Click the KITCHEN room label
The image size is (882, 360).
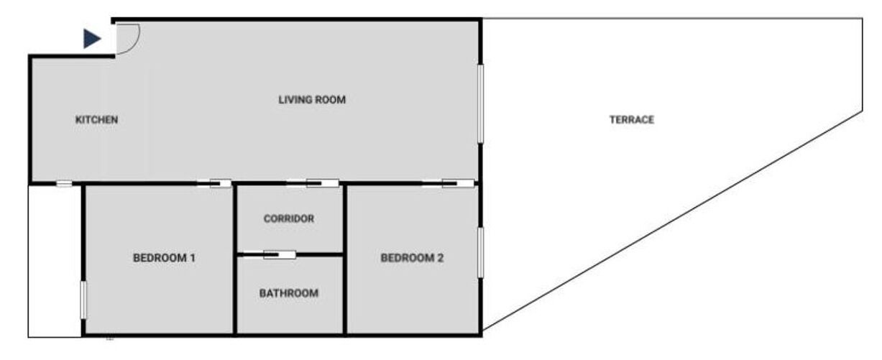click(96, 119)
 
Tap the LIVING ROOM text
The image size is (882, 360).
click(312, 100)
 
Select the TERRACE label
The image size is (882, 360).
click(632, 119)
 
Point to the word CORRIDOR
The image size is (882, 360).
click(289, 218)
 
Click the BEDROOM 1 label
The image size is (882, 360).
click(164, 258)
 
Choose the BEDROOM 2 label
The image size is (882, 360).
click(412, 258)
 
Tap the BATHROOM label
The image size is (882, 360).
click(289, 293)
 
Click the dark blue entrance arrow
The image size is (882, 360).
click(92, 39)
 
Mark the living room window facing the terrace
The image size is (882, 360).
click(480, 103)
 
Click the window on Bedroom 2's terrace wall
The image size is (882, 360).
click(480, 252)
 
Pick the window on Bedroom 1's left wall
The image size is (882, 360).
click(83, 300)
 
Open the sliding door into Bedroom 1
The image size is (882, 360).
click(214, 183)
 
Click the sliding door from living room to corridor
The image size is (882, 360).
click(312, 183)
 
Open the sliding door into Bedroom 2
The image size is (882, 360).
click(448, 183)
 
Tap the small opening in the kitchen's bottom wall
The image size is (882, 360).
click(64, 183)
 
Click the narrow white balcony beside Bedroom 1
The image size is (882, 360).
click(55, 261)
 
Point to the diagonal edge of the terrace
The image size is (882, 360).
click(673, 221)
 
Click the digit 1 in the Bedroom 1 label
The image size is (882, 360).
click(193, 258)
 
